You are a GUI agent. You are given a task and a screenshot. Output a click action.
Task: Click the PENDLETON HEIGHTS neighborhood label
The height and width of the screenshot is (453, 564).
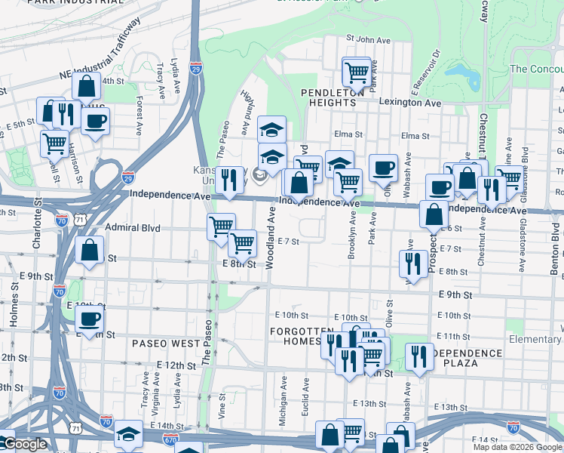333,91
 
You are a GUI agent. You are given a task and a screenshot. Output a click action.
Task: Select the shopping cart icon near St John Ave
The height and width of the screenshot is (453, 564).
357,72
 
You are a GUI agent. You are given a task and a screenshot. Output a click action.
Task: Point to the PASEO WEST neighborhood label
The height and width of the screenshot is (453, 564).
166,343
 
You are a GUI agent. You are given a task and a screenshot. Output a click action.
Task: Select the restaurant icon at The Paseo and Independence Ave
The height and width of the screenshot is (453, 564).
231,181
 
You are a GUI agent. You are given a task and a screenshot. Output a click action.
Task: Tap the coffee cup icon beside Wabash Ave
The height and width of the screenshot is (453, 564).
383,168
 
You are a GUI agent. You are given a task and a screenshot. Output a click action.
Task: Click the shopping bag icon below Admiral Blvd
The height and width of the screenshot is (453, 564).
89,252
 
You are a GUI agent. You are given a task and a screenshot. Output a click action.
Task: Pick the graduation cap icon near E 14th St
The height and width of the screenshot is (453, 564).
128,435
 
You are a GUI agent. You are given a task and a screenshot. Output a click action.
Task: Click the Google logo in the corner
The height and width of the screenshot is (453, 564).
24,444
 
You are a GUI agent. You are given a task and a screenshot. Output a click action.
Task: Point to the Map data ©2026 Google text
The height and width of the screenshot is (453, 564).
517,447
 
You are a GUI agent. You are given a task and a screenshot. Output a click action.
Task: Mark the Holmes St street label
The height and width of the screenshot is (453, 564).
14,313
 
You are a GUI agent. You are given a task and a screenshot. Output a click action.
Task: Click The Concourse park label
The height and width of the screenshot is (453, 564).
536,69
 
